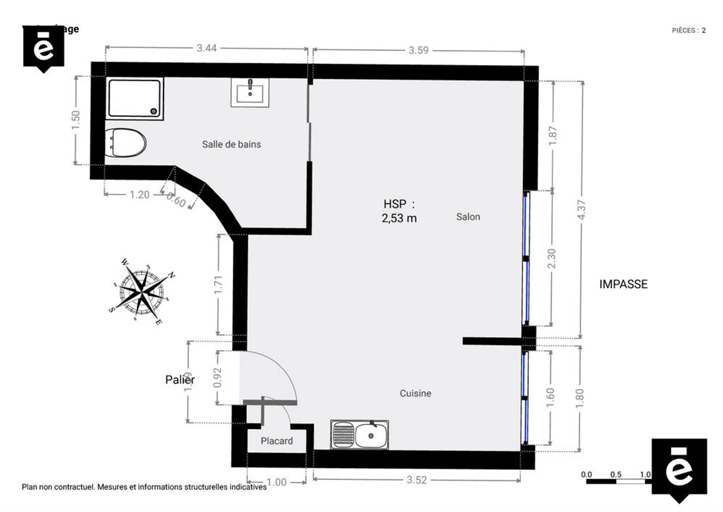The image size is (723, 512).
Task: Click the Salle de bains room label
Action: pos(231,144)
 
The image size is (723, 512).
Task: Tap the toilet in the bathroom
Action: pos(125,143)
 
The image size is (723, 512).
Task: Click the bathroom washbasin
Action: pos(250,93)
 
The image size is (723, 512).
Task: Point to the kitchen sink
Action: pos(360,435)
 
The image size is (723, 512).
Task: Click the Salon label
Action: pos(468,217)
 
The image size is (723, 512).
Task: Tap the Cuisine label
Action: pos(415,393)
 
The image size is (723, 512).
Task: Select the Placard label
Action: pos(276,441)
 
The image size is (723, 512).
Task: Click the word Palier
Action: pos(180,379)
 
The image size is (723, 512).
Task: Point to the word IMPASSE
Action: pos(623,284)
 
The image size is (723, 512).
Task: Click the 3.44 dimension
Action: pos(206,48)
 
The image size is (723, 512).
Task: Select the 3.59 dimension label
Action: pos(418,50)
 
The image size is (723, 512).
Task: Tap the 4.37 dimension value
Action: pos(582,210)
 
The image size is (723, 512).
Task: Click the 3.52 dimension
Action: pos(416,480)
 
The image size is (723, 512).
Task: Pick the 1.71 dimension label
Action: pos(218,285)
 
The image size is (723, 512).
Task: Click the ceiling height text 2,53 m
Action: pos(399,218)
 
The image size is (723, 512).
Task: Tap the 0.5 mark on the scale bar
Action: pos(616,475)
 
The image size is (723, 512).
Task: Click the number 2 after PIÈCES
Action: pos(703,31)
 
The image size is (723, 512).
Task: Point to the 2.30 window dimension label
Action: pos(551,258)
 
